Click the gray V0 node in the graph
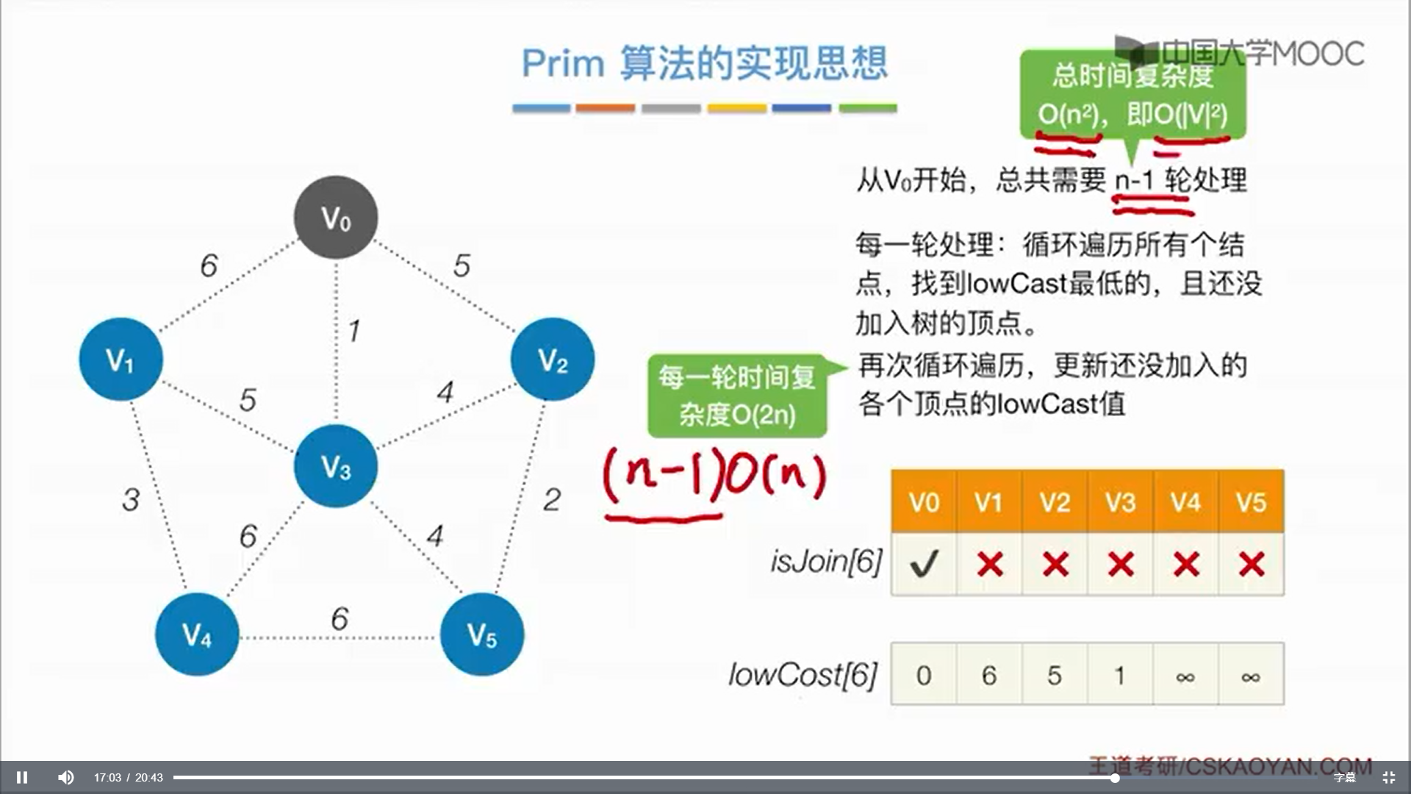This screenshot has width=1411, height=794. pyautogui.click(x=336, y=218)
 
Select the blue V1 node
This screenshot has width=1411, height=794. pyautogui.click(x=121, y=360)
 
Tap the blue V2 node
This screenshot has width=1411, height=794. pyautogui.click(x=553, y=360)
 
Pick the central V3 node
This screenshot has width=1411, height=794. pyautogui.click(x=336, y=466)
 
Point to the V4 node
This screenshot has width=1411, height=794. pyautogui.click(x=197, y=634)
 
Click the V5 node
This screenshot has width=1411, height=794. pyautogui.click(x=482, y=634)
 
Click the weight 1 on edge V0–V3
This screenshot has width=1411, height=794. pyautogui.click(x=354, y=331)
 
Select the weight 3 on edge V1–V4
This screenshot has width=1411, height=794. pyautogui.click(x=131, y=500)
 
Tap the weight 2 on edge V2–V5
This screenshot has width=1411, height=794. pyautogui.click(x=552, y=500)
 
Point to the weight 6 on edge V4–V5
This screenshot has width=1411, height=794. pyautogui.click(x=340, y=619)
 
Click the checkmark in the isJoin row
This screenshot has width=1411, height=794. pyautogui.click(x=924, y=564)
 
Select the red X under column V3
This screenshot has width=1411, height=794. pyautogui.click(x=1120, y=564)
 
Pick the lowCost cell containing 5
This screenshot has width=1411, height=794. pyautogui.click(x=1055, y=675)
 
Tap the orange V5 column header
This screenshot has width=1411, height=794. pyautogui.click(x=1251, y=502)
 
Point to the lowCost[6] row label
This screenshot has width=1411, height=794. pyautogui.click(x=803, y=675)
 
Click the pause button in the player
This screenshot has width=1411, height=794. pyautogui.click(x=22, y=777)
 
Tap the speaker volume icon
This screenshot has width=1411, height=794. pyautogui.click(x=66, y=777)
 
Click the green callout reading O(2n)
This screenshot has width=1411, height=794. pyautogui.click(x=737, y=396)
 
